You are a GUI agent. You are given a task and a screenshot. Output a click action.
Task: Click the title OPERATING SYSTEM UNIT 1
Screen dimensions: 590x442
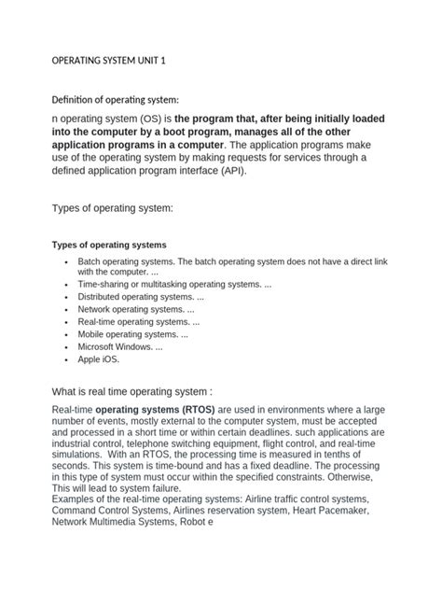click(107, 62)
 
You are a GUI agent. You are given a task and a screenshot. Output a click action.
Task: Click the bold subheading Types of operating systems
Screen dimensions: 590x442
click(107, 245)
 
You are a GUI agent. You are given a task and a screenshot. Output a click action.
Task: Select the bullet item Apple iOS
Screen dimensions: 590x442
click(99, 358)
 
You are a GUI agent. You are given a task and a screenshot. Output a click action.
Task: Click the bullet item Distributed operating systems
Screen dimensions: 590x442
click(139, 296)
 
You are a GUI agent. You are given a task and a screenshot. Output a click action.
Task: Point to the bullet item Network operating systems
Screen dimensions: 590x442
click(136, 309)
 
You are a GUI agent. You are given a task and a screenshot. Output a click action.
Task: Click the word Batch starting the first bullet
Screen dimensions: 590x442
click(91, 261)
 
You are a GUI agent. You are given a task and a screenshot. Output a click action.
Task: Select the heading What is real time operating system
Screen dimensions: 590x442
click(138, 390)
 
